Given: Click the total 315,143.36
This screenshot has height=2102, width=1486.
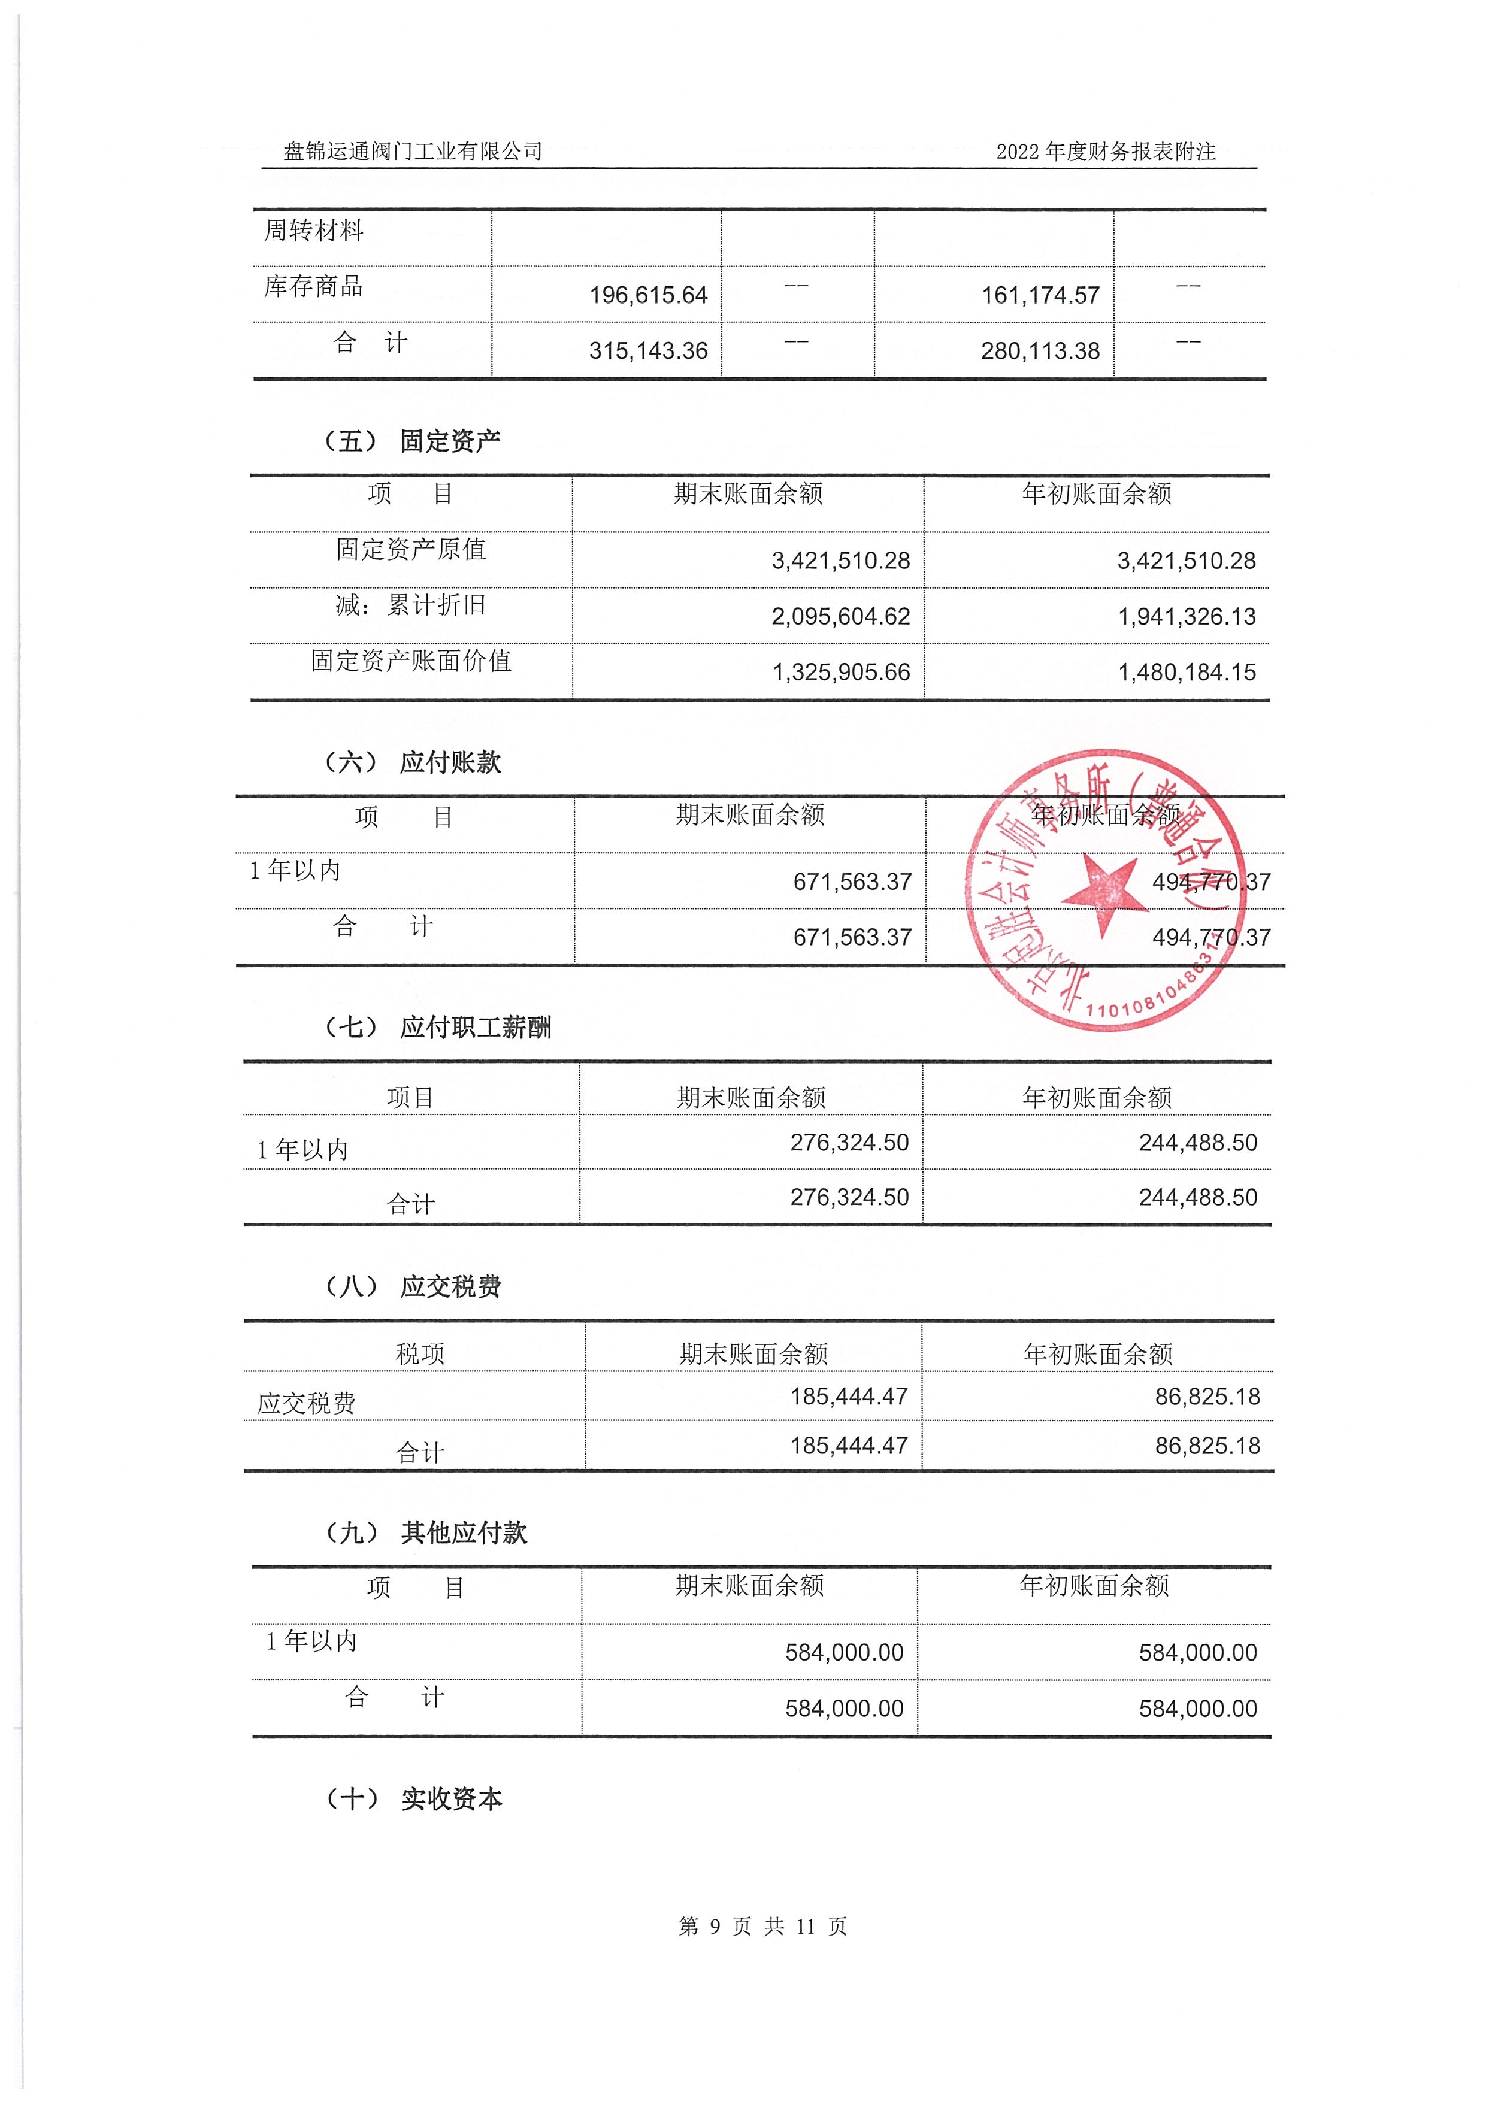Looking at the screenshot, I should click(x=648, y=351).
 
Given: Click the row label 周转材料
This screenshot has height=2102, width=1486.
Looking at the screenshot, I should click(x=313, y=231).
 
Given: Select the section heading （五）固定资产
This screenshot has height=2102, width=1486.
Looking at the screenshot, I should click(x=412, y=441).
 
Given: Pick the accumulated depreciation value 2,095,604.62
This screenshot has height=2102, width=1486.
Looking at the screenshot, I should click(x=840, y=617).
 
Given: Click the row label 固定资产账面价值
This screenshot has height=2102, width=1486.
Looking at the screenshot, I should click(x=411, y=661).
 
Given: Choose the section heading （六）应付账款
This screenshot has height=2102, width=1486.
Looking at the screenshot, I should click(x=412, y=762).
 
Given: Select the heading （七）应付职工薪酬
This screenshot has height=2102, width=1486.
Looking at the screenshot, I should click(x=438, y=1027).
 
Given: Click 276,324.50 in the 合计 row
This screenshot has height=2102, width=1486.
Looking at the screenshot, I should click(x=850, y=1198).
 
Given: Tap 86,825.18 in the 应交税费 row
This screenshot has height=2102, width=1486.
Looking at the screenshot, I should click(x=1207, y=1397).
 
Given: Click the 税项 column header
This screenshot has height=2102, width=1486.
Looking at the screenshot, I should click(x=419, y=1354).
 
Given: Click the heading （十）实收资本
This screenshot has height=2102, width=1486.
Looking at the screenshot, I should click(x=413, y=1799).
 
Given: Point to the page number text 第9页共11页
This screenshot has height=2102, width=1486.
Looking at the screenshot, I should click(x=762, y=1926).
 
